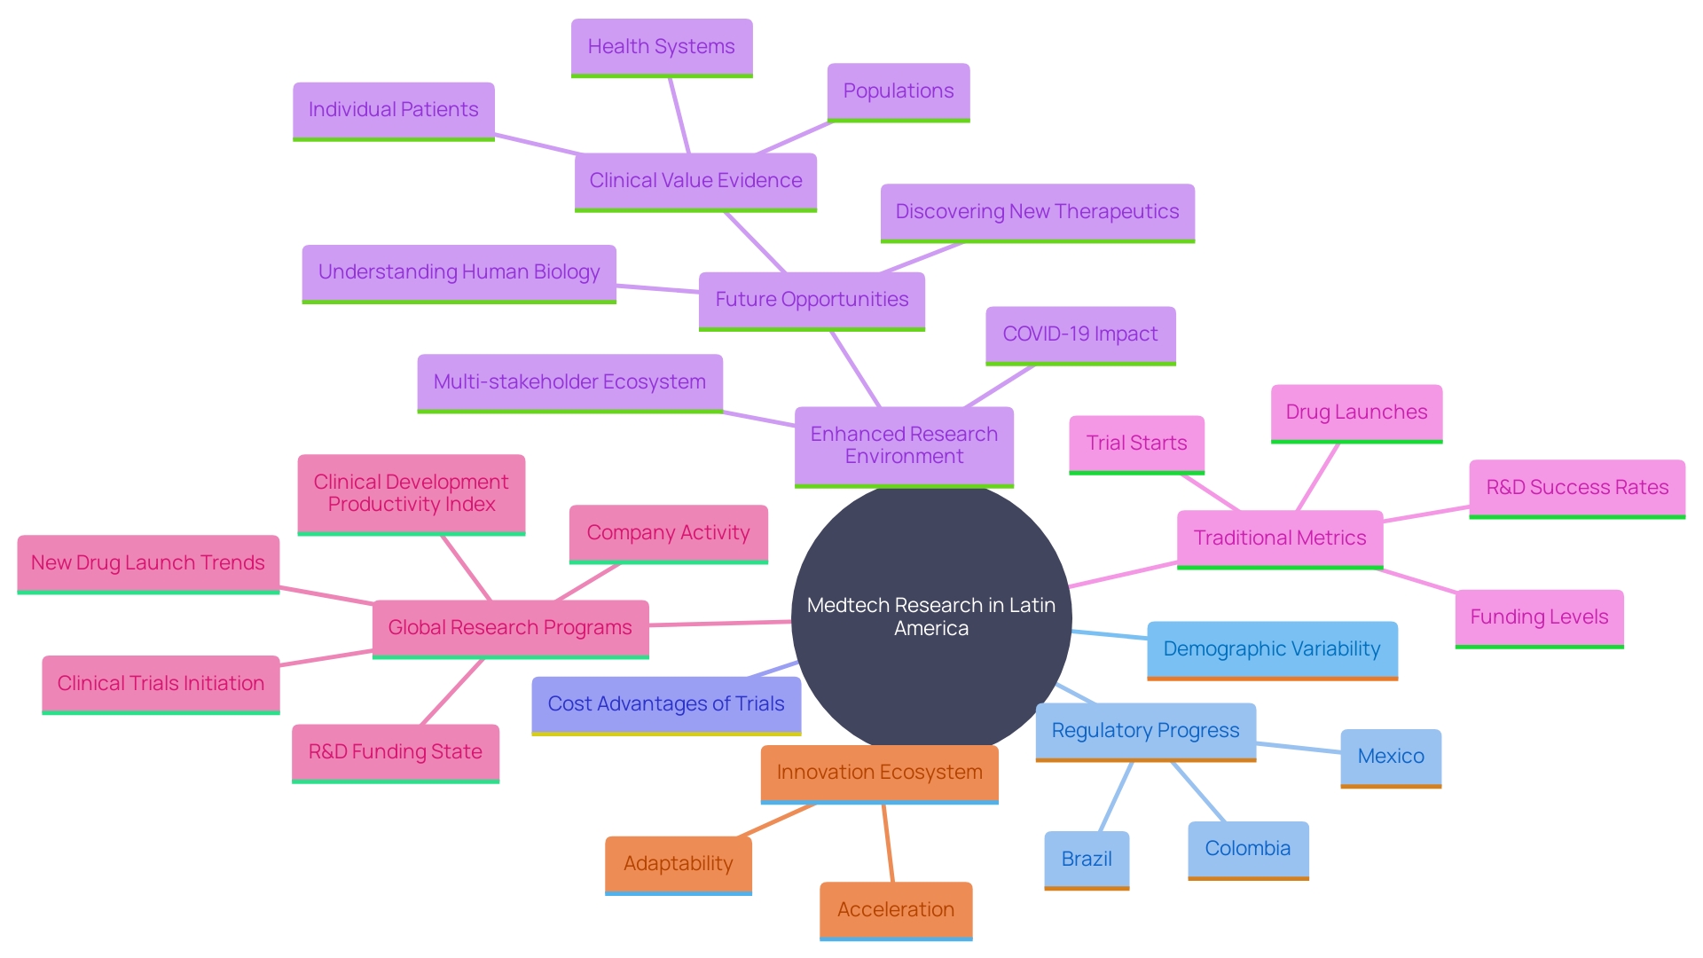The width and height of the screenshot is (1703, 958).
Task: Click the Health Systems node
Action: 662,47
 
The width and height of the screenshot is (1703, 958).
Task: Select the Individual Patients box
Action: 393,110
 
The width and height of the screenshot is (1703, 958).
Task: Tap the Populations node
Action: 899,91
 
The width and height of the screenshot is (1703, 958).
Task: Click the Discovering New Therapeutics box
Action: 1037,212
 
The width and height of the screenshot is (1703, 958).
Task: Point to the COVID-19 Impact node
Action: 1080,334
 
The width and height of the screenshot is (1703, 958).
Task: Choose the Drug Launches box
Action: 1356,412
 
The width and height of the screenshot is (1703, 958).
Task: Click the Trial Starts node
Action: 1136,444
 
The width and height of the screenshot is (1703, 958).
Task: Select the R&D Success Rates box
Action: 1577,488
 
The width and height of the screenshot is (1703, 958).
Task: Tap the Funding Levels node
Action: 1539,617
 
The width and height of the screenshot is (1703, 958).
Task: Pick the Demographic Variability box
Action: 1272,649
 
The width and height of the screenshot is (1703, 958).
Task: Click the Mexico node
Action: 1391,757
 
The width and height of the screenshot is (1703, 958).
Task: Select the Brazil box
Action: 1087,859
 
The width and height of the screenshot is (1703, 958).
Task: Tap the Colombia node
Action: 1248,849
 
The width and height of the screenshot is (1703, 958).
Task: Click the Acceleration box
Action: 896,910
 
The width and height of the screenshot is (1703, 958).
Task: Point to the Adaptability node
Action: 679,864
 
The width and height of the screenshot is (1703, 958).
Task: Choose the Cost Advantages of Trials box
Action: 666,704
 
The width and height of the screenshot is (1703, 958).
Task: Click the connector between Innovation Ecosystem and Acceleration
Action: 888,843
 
